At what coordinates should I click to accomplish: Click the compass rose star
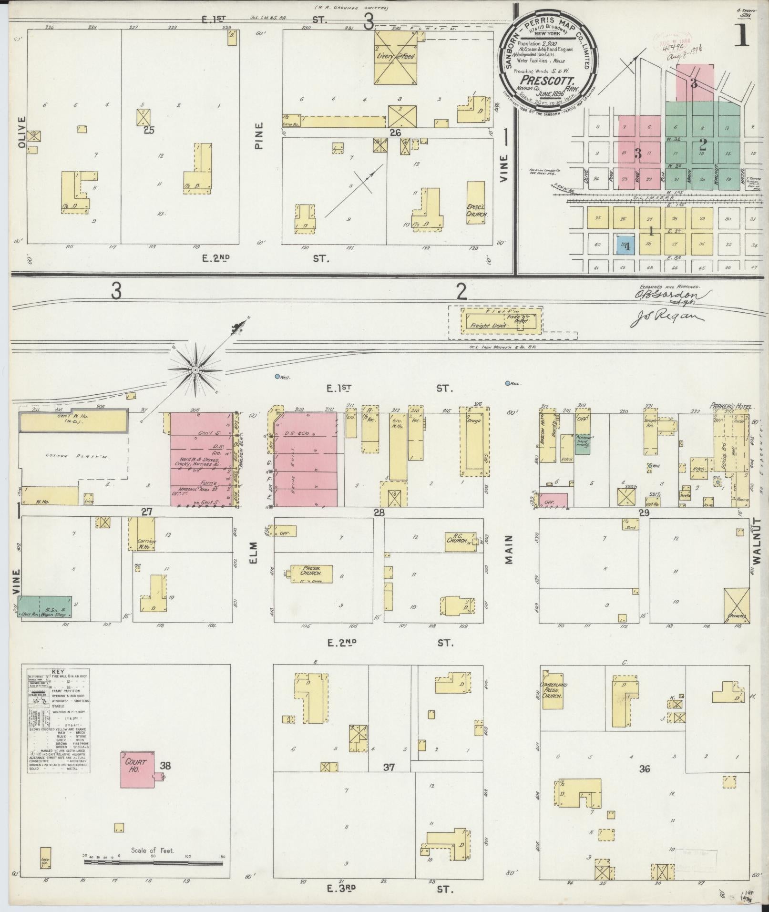click(195, 370)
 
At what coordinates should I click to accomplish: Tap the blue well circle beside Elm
click(277, 377)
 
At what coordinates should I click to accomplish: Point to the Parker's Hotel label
click(730, 407)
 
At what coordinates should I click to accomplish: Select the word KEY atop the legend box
click(58, 671)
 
